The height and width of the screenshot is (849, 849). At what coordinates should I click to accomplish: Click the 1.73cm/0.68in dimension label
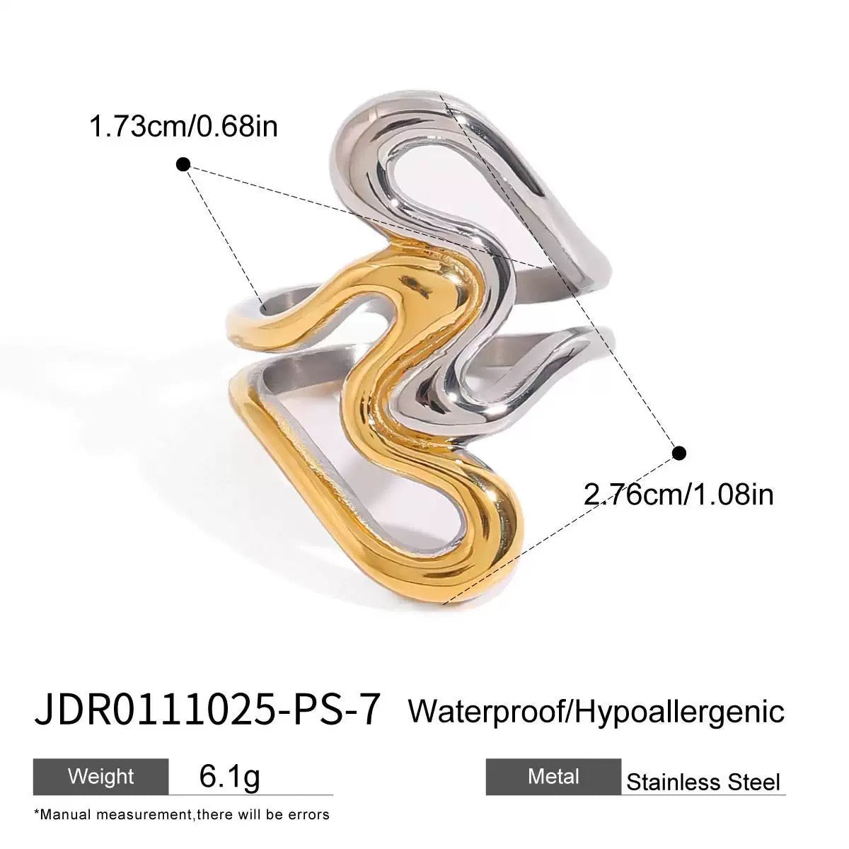point(183,127)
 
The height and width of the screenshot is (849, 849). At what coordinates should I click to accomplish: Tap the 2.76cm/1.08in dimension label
point(678,493)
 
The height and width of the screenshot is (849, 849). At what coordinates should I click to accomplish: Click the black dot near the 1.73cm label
point(183,165)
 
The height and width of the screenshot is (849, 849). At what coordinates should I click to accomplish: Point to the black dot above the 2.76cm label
point(678,452)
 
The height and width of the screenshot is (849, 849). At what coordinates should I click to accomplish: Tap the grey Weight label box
point(100,776)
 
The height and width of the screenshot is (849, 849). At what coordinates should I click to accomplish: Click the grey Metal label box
point(553,777)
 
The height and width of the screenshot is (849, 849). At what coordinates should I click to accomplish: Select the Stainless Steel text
point(703,782)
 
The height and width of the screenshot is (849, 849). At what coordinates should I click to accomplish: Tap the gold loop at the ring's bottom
point(453,566)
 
